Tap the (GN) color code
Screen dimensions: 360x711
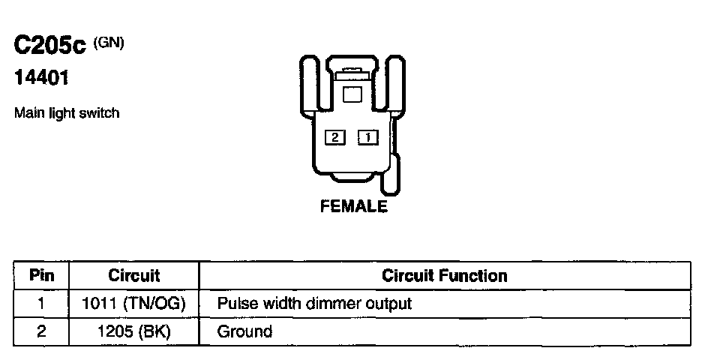pyautogui.click(x=109, y=43)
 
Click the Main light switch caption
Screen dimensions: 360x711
pyautogui.click(x=67, y=113)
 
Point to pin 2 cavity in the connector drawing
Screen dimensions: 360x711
pyautogui.click(x=334, y=137)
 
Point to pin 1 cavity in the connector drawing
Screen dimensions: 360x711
pyautogui.click(x=368, y=137)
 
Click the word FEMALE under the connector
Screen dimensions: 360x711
pyautogui.click(x=354, y=206)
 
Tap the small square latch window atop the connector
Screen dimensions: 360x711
pyautogui.click(x=352, y=94)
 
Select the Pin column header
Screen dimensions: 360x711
pyautogui.click(x=42, y=275)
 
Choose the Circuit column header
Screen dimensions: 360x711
pyautogui.click(x=134, y=275)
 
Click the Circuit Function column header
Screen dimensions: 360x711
pyautogui.click(x=445, y=275)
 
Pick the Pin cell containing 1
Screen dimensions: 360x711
pyautogui.click(x=42, y=304)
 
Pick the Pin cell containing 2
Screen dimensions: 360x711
pyautogui.click(x=42, y=331)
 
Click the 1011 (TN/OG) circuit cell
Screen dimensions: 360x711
pyautogui.click(x=134, y=304)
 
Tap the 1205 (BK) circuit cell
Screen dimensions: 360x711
pyautogui.click(x=134, y=331)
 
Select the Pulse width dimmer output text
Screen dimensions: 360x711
pyautogui.click(x=314, y=304)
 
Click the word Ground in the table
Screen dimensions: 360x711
pyautogui.click(x=244, y=331)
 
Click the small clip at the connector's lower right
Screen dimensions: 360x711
pyautogui.click(x=391, y=176)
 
